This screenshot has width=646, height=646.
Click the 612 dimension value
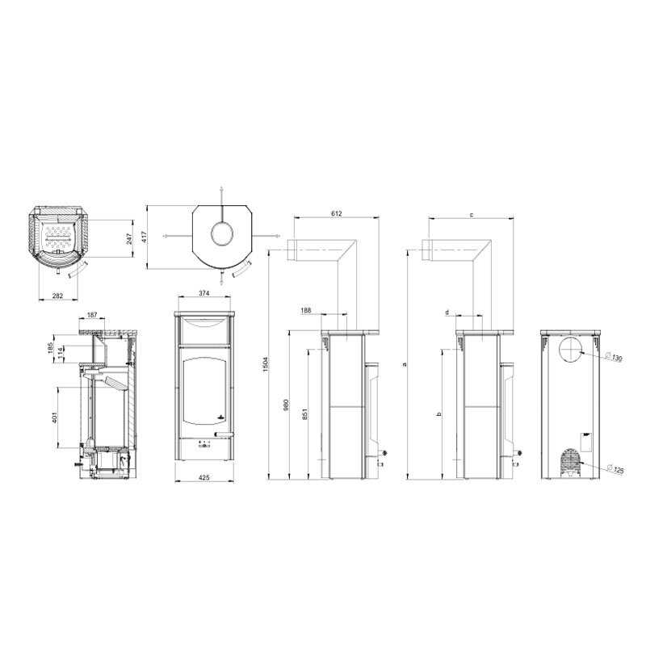tap(336, 213)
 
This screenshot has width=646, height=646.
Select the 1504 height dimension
tap(266, 365)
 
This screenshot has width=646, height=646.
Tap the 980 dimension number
tap(287, 405)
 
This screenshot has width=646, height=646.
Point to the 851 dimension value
tap(305, 414)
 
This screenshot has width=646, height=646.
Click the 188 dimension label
tap(306, 310)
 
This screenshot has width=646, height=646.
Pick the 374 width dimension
tap(204, 293)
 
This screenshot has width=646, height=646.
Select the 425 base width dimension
tap(204, 477)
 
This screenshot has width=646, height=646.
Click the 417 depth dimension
tap(144, 237)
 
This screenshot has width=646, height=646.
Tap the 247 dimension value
tap(129, 238)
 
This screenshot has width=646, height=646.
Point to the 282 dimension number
tap(57, 295)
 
